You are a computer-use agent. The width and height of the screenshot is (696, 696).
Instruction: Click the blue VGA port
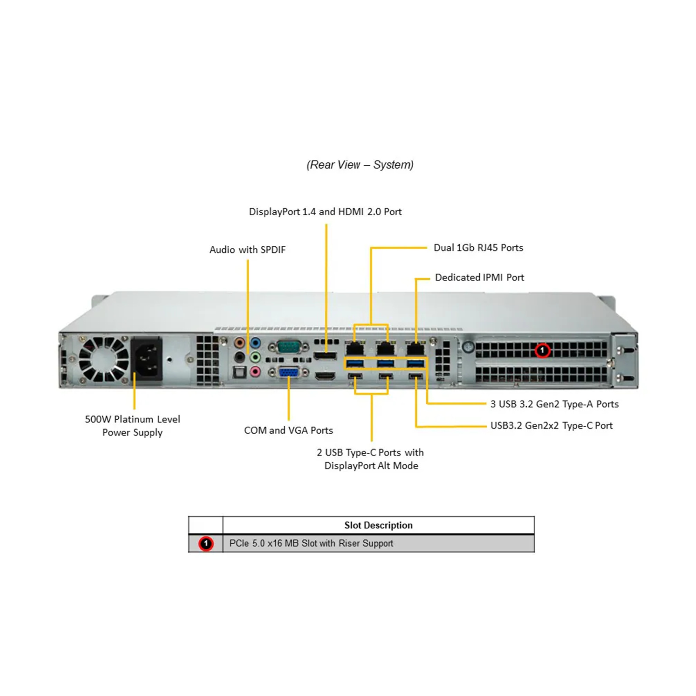coord(288,373)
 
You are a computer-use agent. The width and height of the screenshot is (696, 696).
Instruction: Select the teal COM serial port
coord(288,347)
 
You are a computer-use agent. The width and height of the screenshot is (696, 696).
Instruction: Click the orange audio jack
coord(239,343)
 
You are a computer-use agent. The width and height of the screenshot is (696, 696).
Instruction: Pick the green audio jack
coord(255,357)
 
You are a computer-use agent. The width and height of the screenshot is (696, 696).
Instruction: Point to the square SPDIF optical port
coord(239,372)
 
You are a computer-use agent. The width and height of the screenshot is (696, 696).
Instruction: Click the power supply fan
coord(104,360)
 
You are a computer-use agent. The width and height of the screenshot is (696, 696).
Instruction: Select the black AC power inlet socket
coord(147,359)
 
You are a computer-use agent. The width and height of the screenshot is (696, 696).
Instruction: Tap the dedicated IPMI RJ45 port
coord(415,348)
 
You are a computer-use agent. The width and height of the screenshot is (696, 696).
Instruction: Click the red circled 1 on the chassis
coord(542,350)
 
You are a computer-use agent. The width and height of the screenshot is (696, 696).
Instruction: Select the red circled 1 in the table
coord(206,543)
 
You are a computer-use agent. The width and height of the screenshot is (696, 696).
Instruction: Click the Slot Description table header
coord(378,525)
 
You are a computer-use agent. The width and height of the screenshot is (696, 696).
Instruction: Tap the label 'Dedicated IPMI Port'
coord(479,278)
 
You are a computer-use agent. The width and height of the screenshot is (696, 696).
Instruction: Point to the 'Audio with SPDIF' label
coord(248,250)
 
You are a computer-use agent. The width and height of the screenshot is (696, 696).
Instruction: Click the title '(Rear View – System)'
coord(360,165)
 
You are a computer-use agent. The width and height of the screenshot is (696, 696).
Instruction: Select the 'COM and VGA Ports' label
coord(288,430)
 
